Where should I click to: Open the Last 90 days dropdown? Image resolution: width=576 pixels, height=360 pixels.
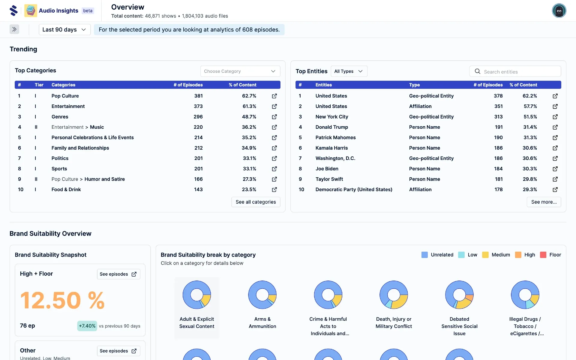click(64, 29)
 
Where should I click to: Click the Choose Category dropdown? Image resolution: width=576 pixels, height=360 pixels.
click(240, 71)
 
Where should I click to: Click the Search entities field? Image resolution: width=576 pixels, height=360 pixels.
click(519, 72)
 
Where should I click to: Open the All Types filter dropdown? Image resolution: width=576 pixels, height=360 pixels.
click(349, 71)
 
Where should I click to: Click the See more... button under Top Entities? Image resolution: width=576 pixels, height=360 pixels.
click(543, 202)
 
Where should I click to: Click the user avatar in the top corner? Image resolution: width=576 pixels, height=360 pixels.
click(559, 11)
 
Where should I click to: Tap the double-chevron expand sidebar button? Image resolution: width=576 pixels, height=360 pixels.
click(14, 29)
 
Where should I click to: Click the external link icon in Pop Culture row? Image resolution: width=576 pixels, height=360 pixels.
click(274, 96)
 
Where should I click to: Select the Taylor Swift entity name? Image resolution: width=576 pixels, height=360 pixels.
click(329, 179)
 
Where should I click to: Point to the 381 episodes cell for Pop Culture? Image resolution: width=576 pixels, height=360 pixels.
click(198, 96)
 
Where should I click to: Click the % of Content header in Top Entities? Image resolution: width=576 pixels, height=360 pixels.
click(523, 85)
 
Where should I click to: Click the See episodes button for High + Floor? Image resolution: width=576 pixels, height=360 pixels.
click(118, 274)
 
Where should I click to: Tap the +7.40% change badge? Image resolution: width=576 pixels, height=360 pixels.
click(87, 326)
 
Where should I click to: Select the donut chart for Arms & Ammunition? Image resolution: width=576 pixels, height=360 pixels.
click(262, 295)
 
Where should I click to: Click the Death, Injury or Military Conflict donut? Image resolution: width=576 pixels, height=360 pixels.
click(394, 295)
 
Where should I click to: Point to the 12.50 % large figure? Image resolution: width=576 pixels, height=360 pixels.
click(62, 300)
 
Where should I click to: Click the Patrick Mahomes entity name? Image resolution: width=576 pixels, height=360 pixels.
click(335, 137)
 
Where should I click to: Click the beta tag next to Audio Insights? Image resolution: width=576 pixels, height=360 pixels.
click(88, 11)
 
